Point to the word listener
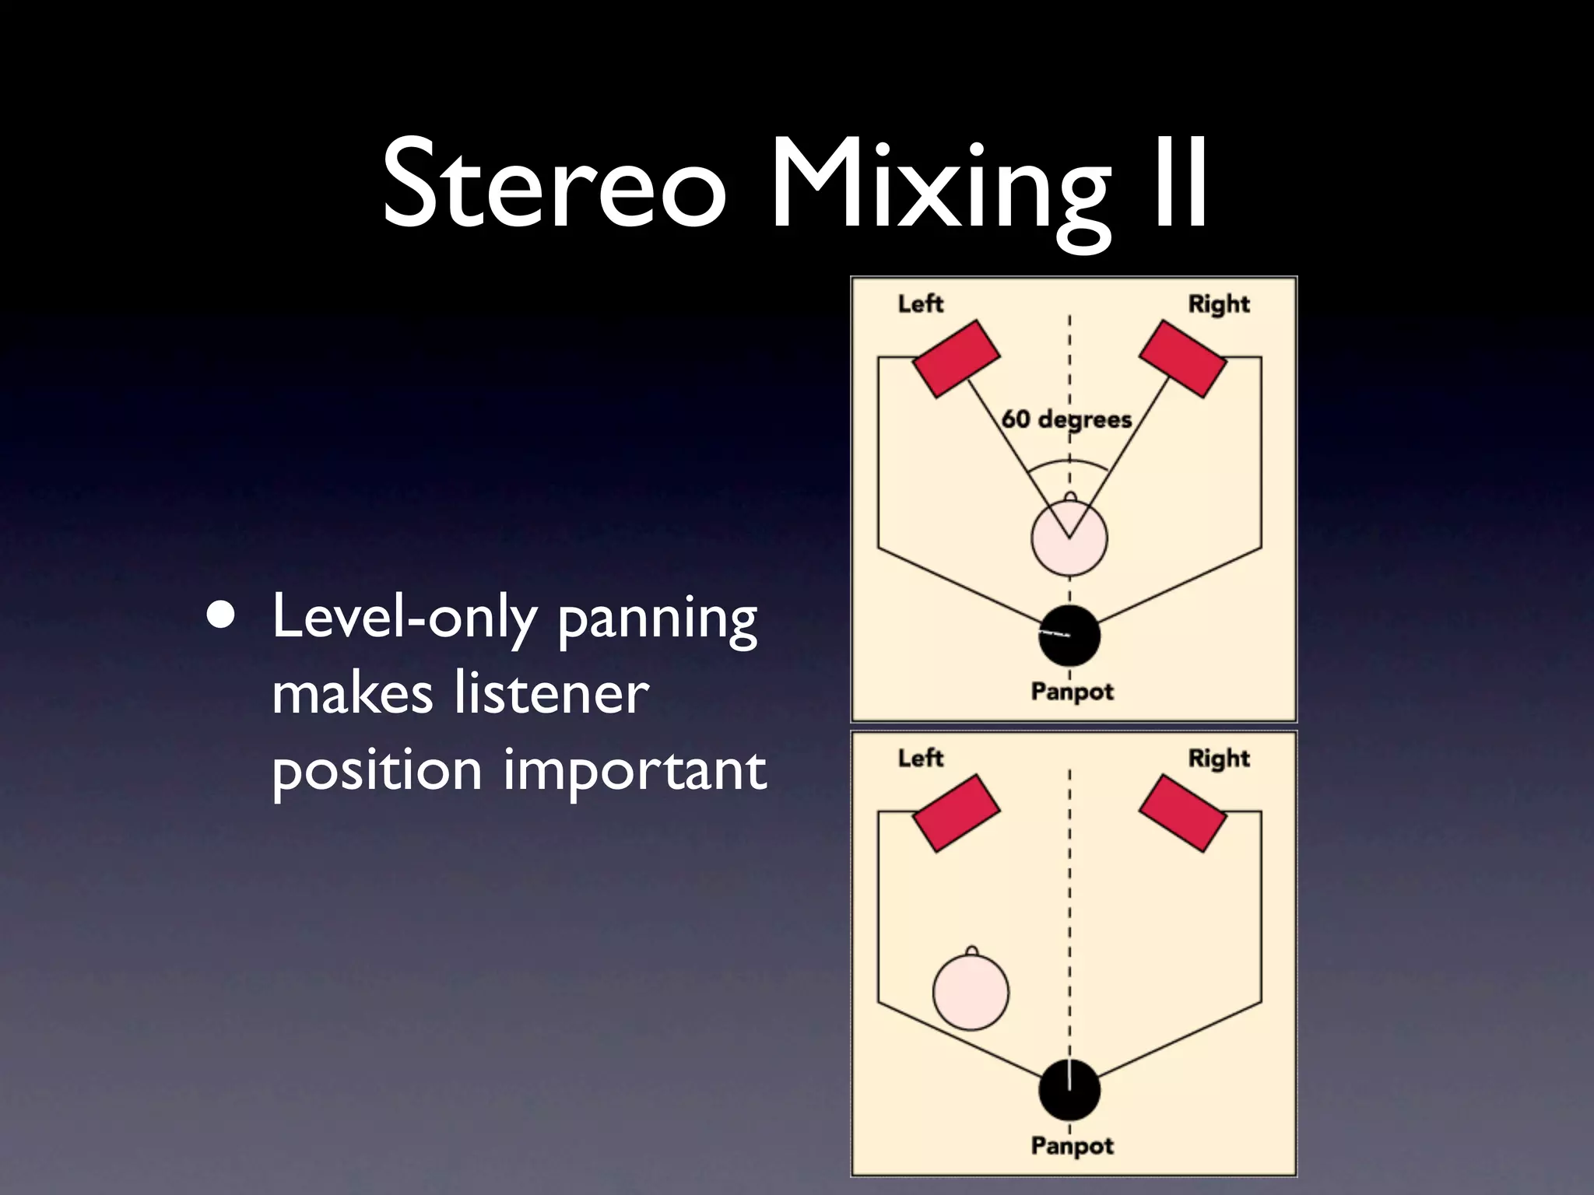click(551, 693)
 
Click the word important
click(634, 771)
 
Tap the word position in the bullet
click(377, 771)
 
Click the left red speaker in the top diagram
click(955, 358)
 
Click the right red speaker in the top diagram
click(1182, 358)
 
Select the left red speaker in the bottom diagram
click(955, 812)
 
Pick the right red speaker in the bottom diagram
click(1182, 812)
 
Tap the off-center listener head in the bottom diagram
click(971, 992)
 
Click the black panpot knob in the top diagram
click(1069, 636)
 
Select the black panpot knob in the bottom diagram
click(1069, 1090)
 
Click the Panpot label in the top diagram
click(1072, 691)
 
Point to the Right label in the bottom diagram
click(1218, 759)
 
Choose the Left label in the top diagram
click(920, 303)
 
